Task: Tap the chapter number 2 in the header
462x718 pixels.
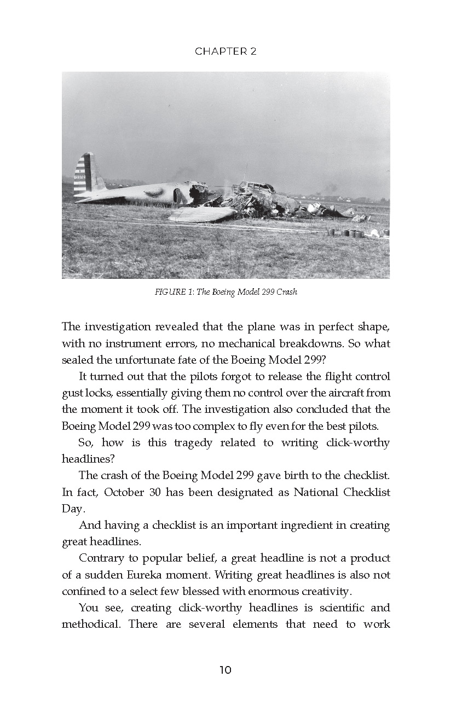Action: tap(253, 51)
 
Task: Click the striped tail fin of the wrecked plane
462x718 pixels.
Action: tap(88, 173)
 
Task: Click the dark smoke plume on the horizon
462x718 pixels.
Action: tap(330, 189)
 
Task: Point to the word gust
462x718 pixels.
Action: tap(71, 393)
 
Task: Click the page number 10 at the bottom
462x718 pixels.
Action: tap(226, 670)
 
